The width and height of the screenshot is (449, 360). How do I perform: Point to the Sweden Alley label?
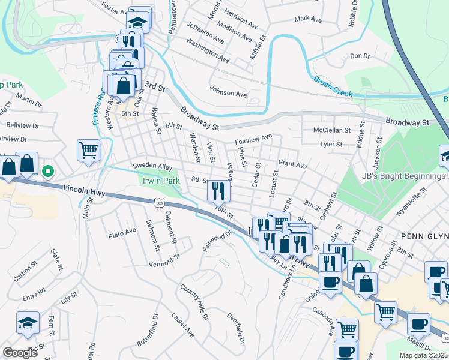[152, 166]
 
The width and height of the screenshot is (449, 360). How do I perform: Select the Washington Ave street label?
[208, 52]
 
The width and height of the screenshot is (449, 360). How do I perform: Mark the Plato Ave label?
[122, 232]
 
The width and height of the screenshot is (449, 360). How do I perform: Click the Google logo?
[20, 353]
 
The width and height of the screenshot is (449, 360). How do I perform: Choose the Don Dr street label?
[360, 56]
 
